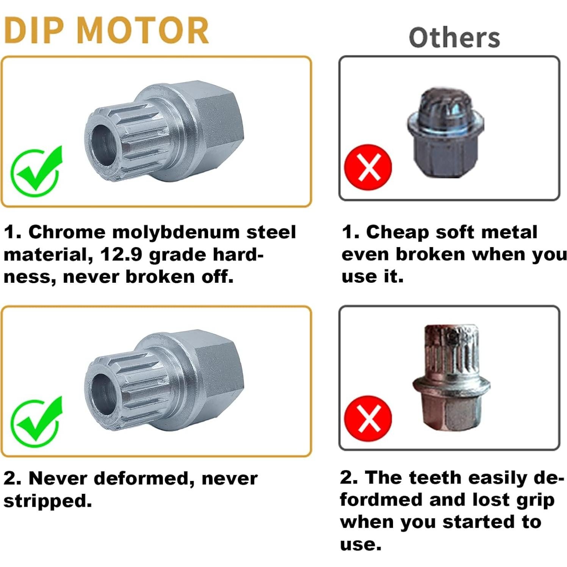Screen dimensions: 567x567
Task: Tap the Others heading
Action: pos(454,38)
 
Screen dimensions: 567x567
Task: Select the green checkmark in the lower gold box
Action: pos(36,421)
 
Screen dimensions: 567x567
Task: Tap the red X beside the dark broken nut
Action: pos(368,168)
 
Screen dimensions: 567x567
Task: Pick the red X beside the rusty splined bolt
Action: pos(368,419)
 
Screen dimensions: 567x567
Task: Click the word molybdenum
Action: pos(176,232)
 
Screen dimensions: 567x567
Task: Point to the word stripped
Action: pos(47,501)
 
